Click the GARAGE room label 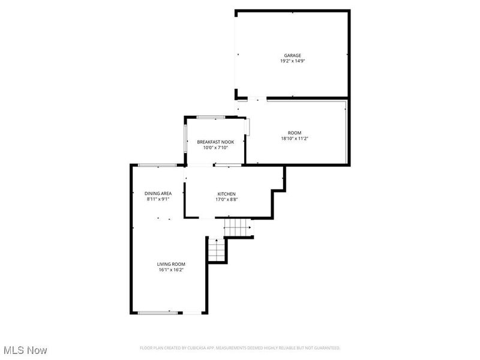(x=292, y=55)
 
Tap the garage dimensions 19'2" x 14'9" (x=292, y=61)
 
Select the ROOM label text (x=294, y=133)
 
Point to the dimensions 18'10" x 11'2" (x=294, y=139)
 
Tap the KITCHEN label (x=226, y=193)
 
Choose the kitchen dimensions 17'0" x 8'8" (x=226, y=199)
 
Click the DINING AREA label (x=158, y=193)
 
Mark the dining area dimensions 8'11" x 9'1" (x=158, y=199)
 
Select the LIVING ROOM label (x=171, y=264)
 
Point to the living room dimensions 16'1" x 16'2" (x=171, y=270)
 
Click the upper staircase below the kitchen (x=236, y=227)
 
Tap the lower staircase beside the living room (x=215, y=250)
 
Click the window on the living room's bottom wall (x=158, y=312)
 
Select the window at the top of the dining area (x=157, y=165)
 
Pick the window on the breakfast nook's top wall (x=211, y=116)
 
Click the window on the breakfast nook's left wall (x=185, y=138)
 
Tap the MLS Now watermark (x=25, y=350)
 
